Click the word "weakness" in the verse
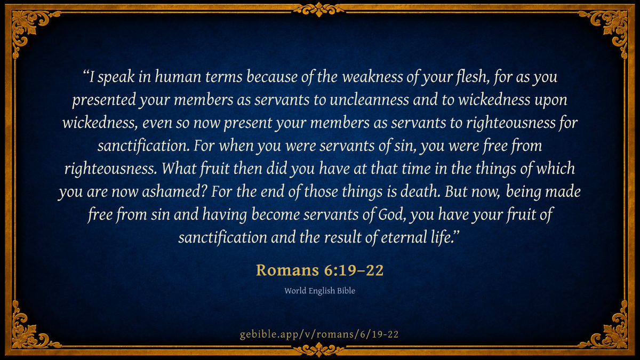pyautogui.click(x=372, y=77)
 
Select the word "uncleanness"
pyautogui.click(x=369, y=100)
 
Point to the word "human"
pyautogui.click(x=178, y=77)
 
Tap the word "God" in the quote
pyautogui.click(x=390, y=214)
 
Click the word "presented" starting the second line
pyautogui.click(x=104, y=101)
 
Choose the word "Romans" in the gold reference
pyautogui.click(x=287, y=270)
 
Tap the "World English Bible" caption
pyautogui.click(x=319, y=291)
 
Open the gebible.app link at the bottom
pyautogui.click(x=319, y=334)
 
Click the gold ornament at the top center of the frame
pyautogui.click(x=319, y=9)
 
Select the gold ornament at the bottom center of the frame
pyautogui.click(x=319, y=350)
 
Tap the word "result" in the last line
pyautogui.click(x=343, y=237)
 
